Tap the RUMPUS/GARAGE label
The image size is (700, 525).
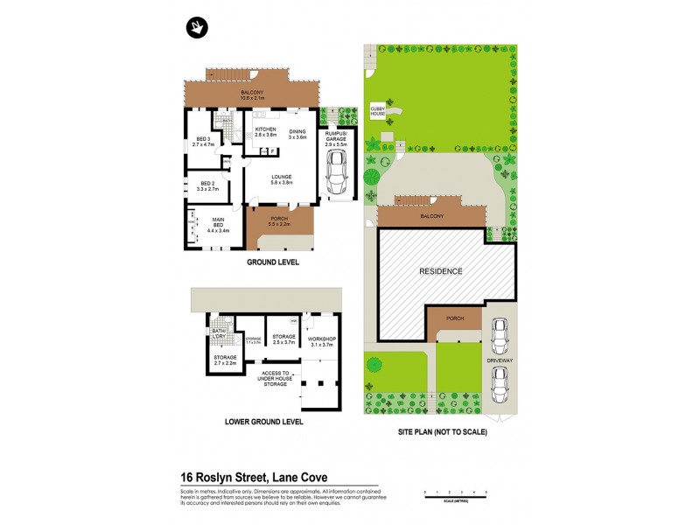click(x=335, y=136)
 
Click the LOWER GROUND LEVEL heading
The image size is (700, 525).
click(x=263, y=422)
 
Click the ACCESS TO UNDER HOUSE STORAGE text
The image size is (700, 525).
click(x=275, y=378)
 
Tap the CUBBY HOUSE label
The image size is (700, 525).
click(x=377, y=112)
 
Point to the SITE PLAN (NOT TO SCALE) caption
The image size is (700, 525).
click(x=440, y=431)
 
